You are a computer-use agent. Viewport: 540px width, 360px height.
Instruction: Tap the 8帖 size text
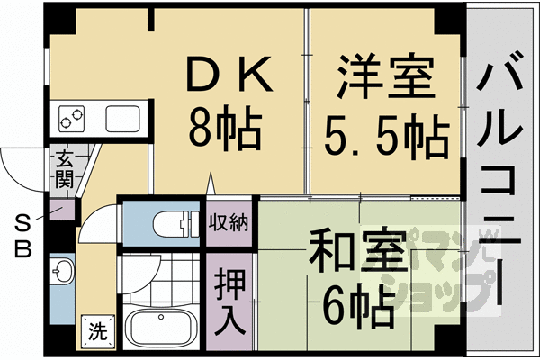tap(225, 131)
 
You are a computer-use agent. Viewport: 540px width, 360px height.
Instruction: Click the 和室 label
tap(353, 250)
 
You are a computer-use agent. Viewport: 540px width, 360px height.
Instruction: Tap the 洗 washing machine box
tap(96, 330)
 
